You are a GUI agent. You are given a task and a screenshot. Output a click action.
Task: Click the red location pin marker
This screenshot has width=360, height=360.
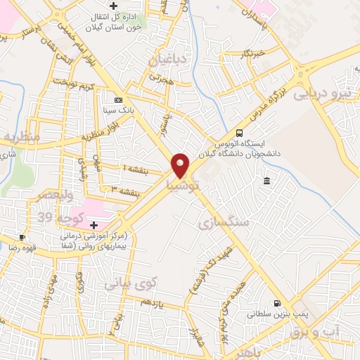click(181, 165)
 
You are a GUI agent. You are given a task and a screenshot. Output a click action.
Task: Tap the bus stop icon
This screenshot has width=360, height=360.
click(240, 133)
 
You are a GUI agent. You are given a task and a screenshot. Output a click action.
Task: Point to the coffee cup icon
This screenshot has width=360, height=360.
click(22, 238)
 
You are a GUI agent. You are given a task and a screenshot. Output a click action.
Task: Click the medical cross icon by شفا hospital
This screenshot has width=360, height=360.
click(94, 225)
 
